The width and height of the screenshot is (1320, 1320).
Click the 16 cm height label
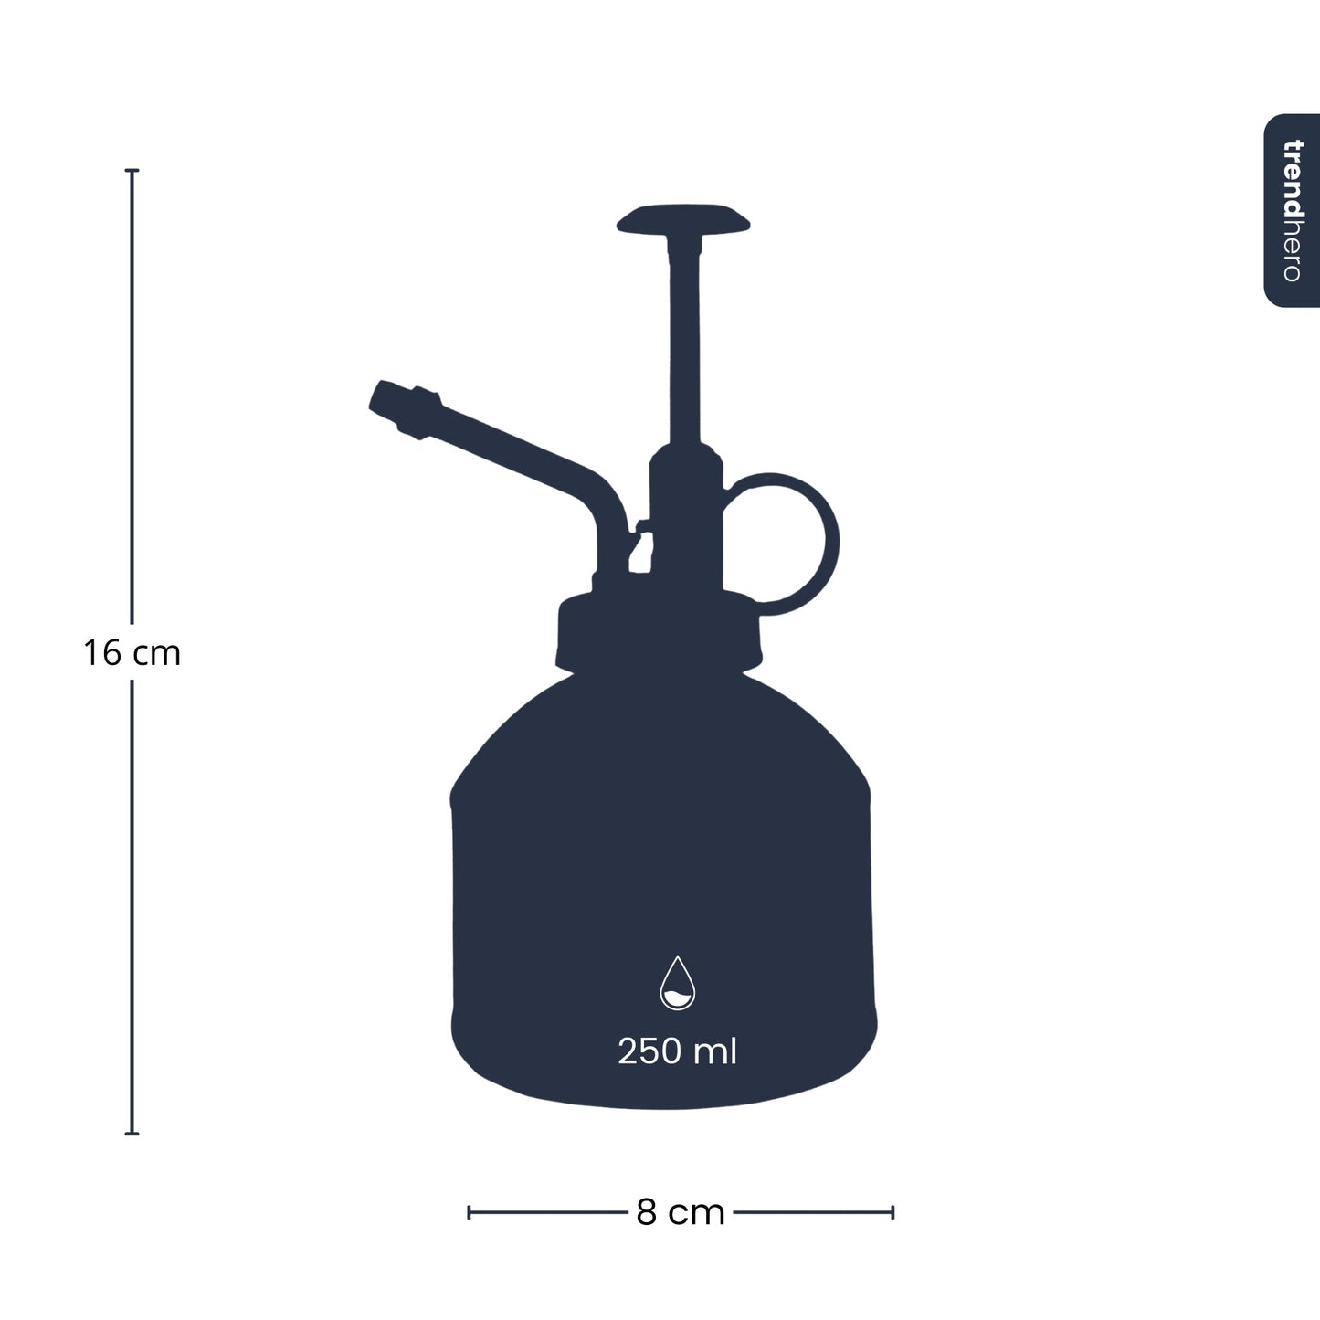[132, 653]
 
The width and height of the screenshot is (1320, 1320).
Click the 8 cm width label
[681, 1213]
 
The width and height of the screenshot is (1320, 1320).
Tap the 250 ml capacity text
[677, 1051]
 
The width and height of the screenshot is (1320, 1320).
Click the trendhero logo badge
[1292, 210]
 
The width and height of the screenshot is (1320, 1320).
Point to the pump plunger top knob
[683, 220]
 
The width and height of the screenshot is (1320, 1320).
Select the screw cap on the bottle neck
[659, 630]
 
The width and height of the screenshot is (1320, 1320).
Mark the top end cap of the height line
[132, 171]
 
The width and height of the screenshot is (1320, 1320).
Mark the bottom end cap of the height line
[132, 1134]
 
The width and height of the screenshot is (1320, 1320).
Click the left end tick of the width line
[469, 1212]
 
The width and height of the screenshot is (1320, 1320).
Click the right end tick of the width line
[892, 1212]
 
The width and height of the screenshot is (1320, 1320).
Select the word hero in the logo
[1292, 251]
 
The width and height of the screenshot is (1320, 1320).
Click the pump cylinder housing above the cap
[685, 521]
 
